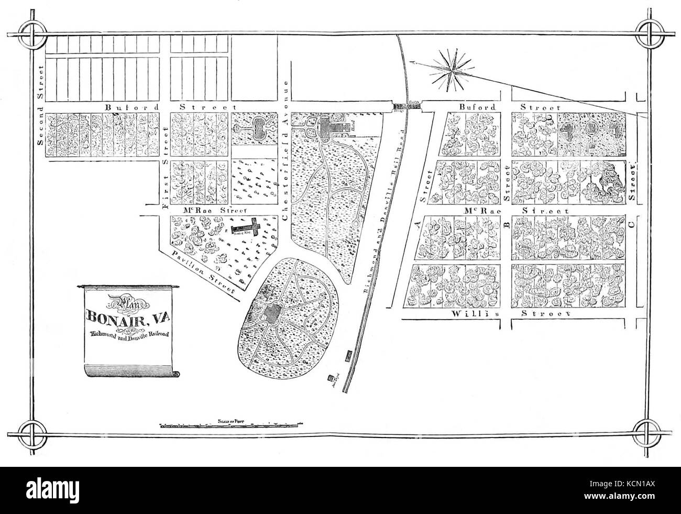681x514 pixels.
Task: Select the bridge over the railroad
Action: pyautogui.click(x=408, y=106)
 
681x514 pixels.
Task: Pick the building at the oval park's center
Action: pyautogui.click(x=272, y=314)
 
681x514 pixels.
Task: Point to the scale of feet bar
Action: pyautogui.click(x=231, y=425)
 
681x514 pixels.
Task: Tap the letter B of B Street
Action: pyautogui.click(x=506, y=226)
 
